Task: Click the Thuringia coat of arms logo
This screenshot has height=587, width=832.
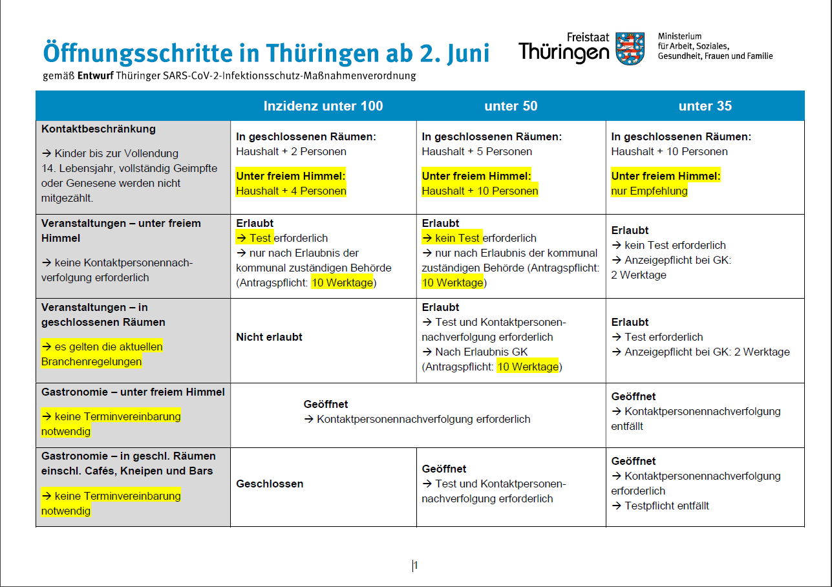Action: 630,48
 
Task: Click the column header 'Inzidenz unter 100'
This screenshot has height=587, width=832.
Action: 323,106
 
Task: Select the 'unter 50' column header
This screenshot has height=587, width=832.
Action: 511,106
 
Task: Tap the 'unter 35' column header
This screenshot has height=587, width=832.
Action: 705,106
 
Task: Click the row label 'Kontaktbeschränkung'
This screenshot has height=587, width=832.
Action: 98,129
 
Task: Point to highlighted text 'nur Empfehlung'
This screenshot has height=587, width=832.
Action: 649,191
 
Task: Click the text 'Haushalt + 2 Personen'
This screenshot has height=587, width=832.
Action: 291,151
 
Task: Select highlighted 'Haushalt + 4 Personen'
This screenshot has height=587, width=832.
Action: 291,191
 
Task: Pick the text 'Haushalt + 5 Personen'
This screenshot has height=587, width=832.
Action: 477,151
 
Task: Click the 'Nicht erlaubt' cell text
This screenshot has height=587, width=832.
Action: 269,337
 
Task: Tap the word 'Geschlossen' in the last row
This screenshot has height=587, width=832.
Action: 270,484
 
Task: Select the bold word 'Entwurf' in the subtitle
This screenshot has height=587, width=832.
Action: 96,76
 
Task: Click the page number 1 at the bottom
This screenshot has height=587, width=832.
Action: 416,566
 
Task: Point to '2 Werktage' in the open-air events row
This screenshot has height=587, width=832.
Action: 639,275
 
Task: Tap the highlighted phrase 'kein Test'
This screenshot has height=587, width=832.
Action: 458,238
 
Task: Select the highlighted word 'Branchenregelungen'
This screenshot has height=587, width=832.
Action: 91,361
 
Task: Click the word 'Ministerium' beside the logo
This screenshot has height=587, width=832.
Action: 679,36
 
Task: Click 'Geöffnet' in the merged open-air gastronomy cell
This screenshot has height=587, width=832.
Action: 326,404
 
